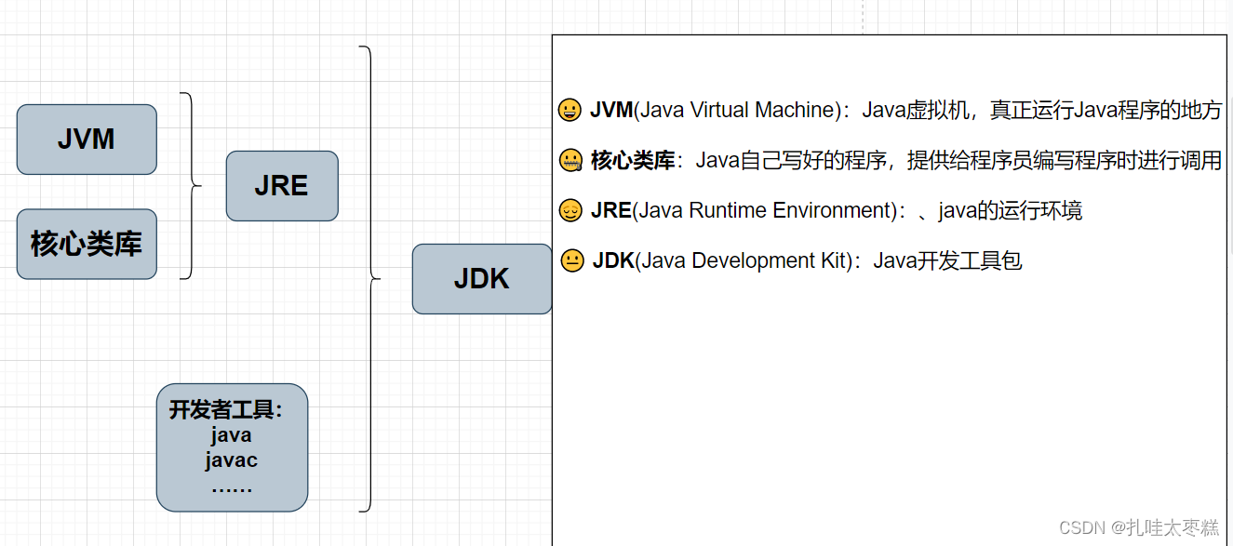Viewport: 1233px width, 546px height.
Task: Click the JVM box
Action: pos(87,140)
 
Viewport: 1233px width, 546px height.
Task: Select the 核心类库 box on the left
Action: pos(87,244)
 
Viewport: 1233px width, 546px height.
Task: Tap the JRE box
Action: pos(281,186)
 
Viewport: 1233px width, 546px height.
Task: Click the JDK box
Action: pos(481,279)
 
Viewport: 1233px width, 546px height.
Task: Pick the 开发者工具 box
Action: pos(232,447)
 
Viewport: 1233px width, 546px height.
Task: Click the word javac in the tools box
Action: pos(231,460)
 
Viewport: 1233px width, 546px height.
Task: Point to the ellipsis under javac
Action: pos(231,486)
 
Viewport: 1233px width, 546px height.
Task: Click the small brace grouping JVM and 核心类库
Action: pos(191,186)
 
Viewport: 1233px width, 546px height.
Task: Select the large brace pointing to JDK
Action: pos(369,278)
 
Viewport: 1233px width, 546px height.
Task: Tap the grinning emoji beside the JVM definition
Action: pos(570,111)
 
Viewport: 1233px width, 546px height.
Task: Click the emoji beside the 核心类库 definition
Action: pos(570,161)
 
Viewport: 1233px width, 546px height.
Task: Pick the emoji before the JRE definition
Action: pos(570,211)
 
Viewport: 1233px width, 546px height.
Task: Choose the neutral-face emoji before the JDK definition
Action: pos(572,261)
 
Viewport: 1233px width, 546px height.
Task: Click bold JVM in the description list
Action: pos(610,111)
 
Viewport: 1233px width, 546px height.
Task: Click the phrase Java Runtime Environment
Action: pos(763,211)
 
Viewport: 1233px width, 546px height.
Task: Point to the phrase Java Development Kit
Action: pos(744,261)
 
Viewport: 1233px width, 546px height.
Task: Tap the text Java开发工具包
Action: pos(947,261)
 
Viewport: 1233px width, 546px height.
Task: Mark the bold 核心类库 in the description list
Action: pos(633,161)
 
